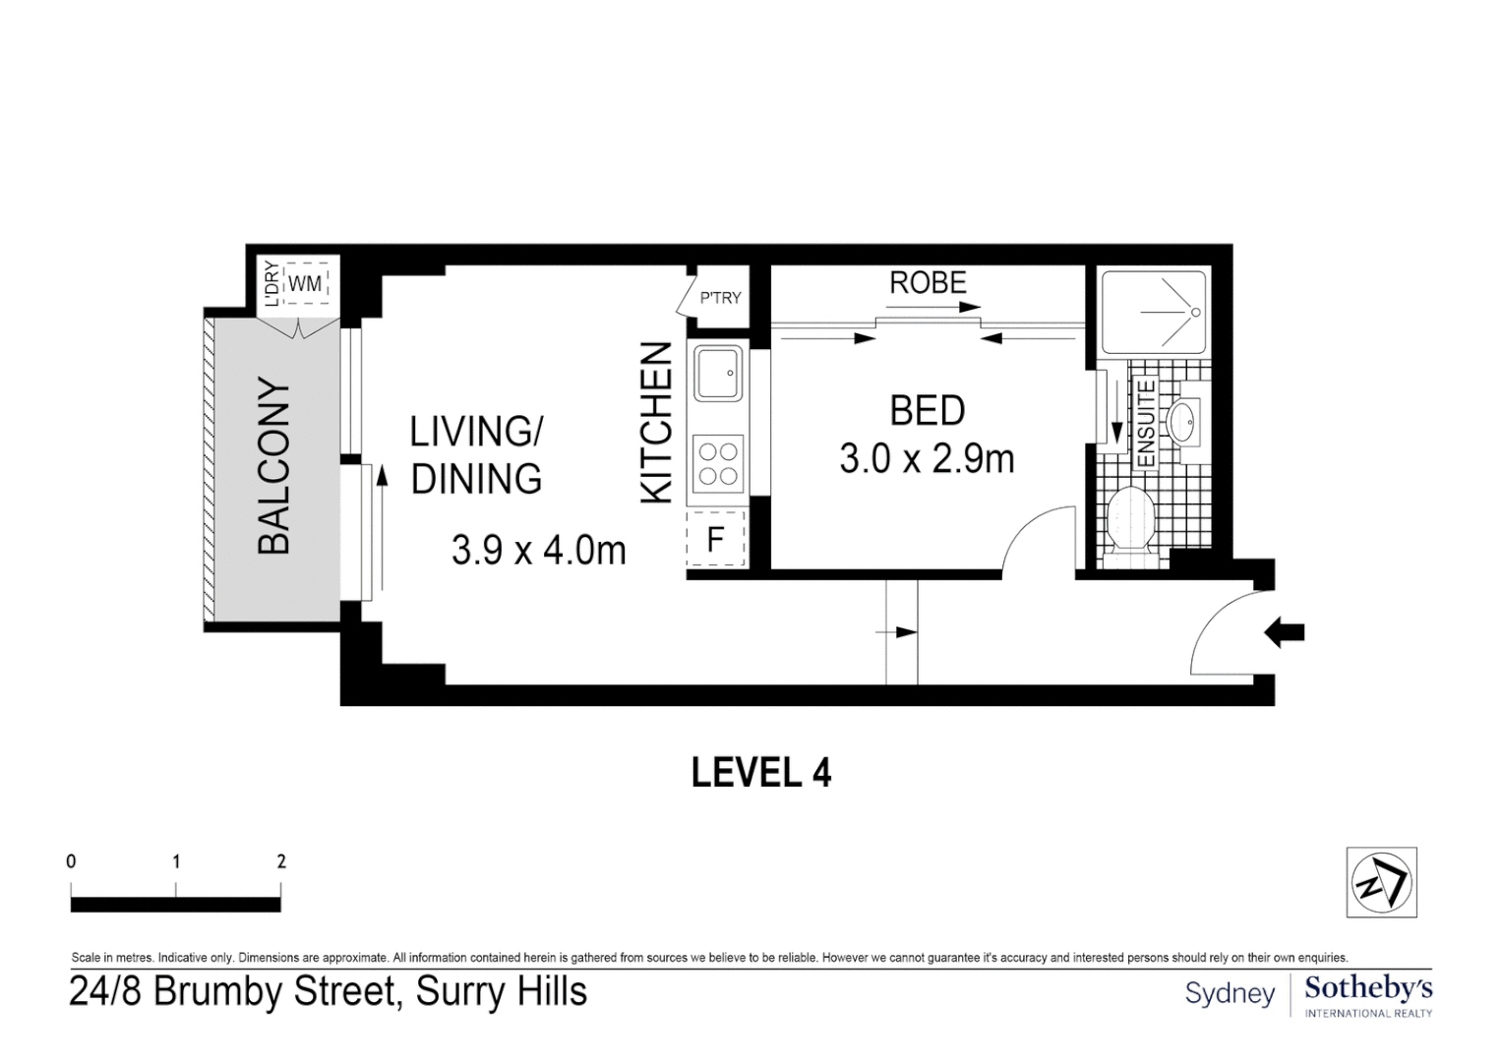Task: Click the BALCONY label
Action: coord(274,465)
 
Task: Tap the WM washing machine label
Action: coord(306,283)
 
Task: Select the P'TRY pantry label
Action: coord(720,298)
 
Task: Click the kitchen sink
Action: coord(718,374)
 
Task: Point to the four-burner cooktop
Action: coord(717,465)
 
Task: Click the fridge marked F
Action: coord(716,539)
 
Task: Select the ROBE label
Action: coord(928,283)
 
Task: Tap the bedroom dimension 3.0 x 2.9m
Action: coord(927,459)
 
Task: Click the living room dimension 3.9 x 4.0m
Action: coord(538,551)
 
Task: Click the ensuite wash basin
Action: coord(1182,422)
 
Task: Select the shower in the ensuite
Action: coord(1154,313)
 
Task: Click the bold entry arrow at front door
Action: coord(1284,632)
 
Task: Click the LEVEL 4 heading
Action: coord(761,773)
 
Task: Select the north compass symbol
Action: coord(1381,882)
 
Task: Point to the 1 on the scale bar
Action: coord(176,862)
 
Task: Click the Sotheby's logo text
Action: coord(1368,988)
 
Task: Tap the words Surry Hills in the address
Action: coord(502,991)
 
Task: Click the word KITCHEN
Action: coord(657,423)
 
